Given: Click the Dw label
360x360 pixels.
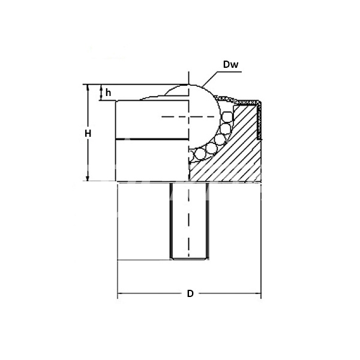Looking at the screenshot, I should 231,64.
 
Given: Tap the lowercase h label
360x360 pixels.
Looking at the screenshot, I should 108,92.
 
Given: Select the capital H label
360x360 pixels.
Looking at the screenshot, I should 88,133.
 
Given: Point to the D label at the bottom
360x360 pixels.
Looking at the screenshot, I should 190,294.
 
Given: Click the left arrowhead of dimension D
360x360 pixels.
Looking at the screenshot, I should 119,294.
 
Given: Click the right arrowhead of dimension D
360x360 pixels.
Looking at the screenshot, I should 259,294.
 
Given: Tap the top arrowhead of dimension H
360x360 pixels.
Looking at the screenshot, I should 88,88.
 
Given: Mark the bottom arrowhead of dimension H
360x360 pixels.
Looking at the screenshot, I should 88,177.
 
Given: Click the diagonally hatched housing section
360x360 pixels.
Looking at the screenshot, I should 234,156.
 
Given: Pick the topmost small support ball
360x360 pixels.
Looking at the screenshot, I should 227,115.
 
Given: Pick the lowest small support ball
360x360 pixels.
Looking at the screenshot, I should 191,158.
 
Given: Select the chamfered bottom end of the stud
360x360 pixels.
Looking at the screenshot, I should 189,258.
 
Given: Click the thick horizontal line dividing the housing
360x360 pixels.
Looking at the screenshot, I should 150,139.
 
